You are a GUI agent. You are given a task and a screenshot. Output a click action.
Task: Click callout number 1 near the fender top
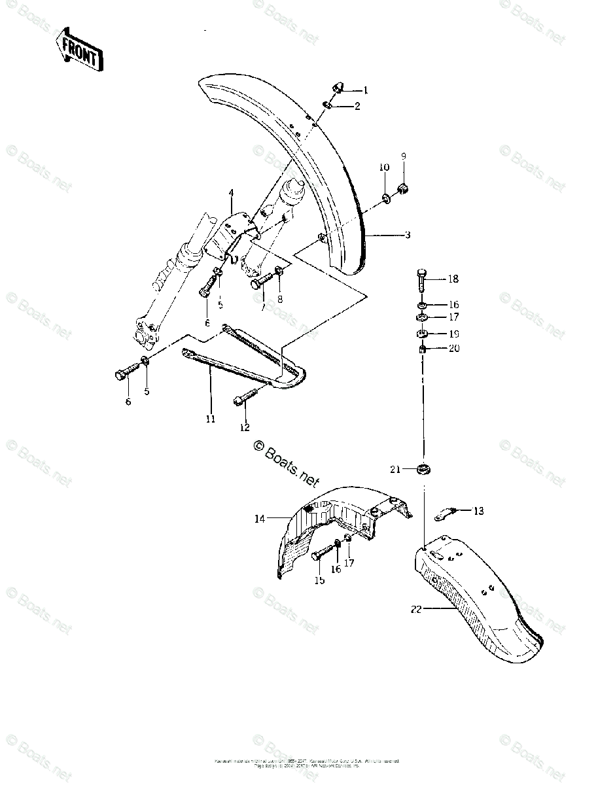366,91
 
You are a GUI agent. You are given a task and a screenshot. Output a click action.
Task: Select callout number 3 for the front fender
407,235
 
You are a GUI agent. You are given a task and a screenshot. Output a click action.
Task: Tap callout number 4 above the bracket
231,193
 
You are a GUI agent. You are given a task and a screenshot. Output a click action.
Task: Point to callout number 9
404,156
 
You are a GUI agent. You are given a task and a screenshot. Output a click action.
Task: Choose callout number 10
384,168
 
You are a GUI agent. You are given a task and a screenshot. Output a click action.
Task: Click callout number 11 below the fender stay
210,419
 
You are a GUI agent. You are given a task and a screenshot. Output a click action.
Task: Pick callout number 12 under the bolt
245,428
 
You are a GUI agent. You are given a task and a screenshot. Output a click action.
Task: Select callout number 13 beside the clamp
479,510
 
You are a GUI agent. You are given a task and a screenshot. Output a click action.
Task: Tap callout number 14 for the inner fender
259,519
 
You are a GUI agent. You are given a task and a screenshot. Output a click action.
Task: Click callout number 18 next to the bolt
453,279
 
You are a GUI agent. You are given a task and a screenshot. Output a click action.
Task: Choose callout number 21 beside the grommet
395,469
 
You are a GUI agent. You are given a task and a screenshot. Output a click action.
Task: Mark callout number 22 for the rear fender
416,609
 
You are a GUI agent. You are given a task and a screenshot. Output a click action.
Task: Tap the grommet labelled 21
425,469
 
